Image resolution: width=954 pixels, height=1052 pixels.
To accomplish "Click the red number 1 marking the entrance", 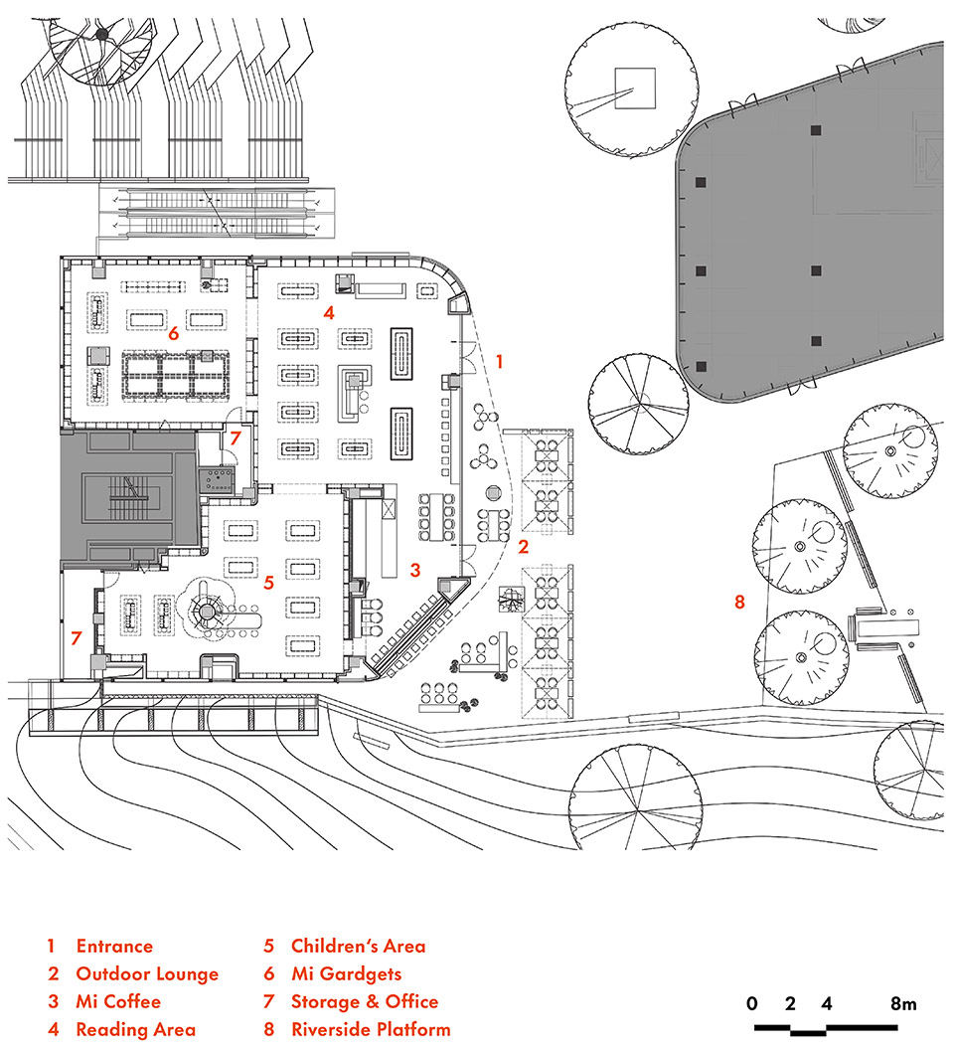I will [x=500, y=363].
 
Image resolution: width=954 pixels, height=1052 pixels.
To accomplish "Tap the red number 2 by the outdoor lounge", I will [x=523, y=546].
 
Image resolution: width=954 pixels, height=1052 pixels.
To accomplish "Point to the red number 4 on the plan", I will [x=327, y=312].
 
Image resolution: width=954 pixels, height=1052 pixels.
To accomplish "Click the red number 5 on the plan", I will [x=268, y=583].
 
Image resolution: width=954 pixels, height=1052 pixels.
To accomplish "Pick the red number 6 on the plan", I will [x=173, y=333].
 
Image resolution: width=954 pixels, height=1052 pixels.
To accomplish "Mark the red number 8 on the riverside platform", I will [x=738, y=601].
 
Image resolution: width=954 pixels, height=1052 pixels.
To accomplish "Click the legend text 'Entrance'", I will [x=114, y=946].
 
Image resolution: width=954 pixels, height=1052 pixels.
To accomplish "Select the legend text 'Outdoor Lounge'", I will [x=146, y=973].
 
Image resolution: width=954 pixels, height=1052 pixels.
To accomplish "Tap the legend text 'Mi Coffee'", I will [x=117, y=1001].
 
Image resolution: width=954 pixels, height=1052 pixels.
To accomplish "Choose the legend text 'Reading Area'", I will [x=135, y=1029].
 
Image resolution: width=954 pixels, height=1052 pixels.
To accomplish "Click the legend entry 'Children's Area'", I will [x=358, y=946].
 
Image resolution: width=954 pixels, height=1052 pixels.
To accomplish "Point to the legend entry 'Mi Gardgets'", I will [x=346, y=973].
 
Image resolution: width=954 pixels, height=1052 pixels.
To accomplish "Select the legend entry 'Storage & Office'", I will [x=364, y=1001].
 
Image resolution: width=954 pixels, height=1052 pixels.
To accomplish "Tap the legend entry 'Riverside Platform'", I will [x=371, y=1029].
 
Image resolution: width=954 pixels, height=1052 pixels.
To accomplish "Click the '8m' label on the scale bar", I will [x=903, y=1003].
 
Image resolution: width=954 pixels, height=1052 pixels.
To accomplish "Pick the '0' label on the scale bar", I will [x=753, y=1003].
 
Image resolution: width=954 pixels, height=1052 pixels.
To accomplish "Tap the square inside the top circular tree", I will [x=634, y=87].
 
